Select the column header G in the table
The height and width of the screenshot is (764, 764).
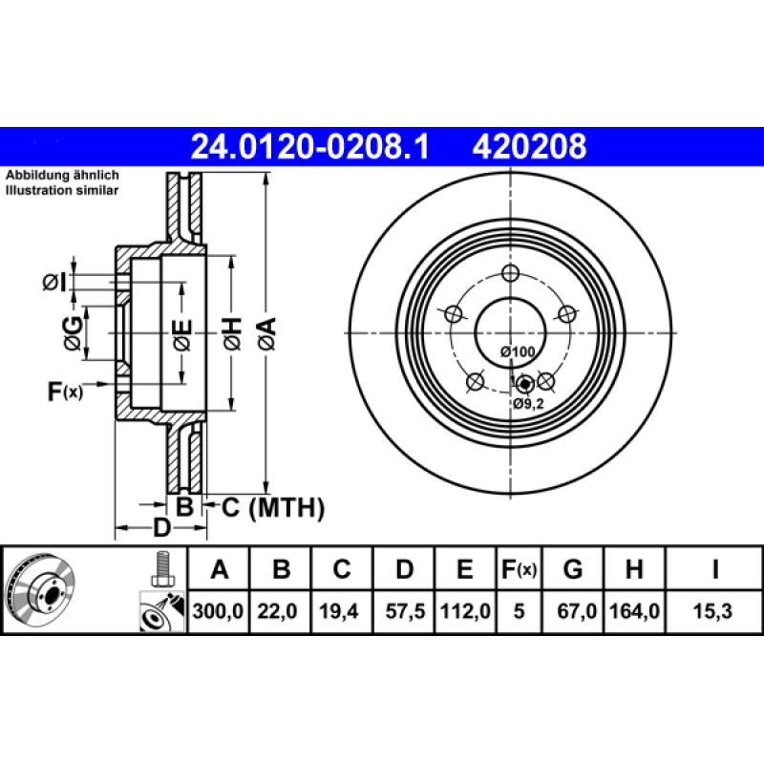coord(573,570)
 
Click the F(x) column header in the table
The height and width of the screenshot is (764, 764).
coord(520,570)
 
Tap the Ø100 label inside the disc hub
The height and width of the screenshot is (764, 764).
coord(518,352)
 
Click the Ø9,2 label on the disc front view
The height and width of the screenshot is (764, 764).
coord(528,404)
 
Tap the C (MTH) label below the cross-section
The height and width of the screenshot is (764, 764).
coord(273,507)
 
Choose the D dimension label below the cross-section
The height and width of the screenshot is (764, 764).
coord(161,528)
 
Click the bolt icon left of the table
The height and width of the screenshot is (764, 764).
coord(161,569)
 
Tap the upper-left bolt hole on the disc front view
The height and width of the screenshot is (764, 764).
coord(454,313)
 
